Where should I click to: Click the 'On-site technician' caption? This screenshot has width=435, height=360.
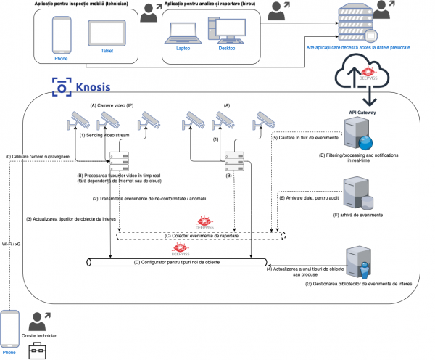pyautogui.click(x=38, y=335)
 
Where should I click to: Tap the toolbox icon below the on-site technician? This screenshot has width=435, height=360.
pyautogui.click(x=37, y=351)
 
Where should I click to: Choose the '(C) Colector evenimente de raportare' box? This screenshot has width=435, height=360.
pyautogui.click(x=202, y=236)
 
